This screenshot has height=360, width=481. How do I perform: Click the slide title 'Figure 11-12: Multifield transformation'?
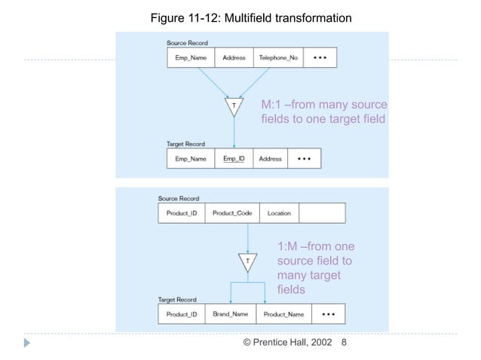[240, 17]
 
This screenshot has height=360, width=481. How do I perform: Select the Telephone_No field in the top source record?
[277, 58]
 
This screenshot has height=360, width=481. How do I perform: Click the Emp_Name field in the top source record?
[190, 58]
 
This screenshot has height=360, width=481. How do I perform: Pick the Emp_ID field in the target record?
[234, 159]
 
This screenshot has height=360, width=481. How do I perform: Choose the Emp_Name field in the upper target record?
[190, 159]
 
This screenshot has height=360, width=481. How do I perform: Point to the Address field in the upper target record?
[270, 159]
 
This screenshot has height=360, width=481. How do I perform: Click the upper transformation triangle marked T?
[234, 108]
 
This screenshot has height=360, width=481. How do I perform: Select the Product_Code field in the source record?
[232, 213]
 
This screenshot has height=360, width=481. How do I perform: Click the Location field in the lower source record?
[279, 213]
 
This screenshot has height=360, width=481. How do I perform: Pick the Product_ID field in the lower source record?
[182, 213]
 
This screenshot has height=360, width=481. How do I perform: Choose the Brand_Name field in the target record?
[231, 314]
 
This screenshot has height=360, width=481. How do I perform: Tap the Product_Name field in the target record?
[284, 314]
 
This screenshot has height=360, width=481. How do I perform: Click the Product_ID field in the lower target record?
[182, 314]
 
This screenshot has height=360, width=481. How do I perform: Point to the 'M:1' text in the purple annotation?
[271, 105]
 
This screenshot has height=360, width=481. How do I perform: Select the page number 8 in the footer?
[345, 343]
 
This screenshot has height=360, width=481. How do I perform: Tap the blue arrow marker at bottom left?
[28, 343]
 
